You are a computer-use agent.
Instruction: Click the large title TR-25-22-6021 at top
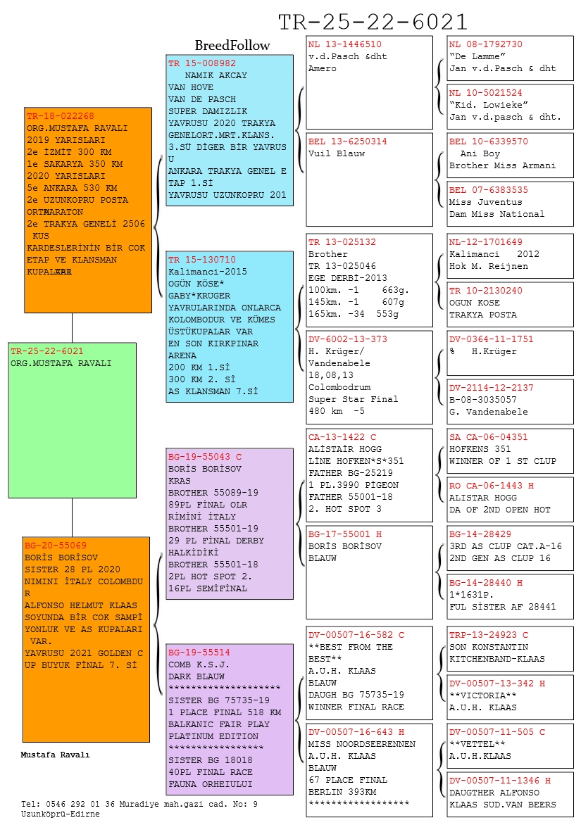click(x=373, y=22)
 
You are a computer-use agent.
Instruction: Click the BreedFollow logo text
click(x=232, y=46)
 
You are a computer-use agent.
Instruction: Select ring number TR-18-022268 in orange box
click(x=60, y=116)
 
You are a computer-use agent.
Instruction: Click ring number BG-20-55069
click(x=56, y=546)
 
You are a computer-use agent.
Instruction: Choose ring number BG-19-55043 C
click(x=204, y=456)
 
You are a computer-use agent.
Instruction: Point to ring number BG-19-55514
click(x=199, y=653)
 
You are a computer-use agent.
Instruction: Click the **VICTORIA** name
click(x=479, y=695)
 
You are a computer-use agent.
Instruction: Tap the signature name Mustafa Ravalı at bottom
click(x=56, y=755)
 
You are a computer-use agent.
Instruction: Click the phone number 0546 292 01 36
click(x=84, y=804)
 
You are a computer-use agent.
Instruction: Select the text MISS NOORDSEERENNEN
click(x=362, y=744)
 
